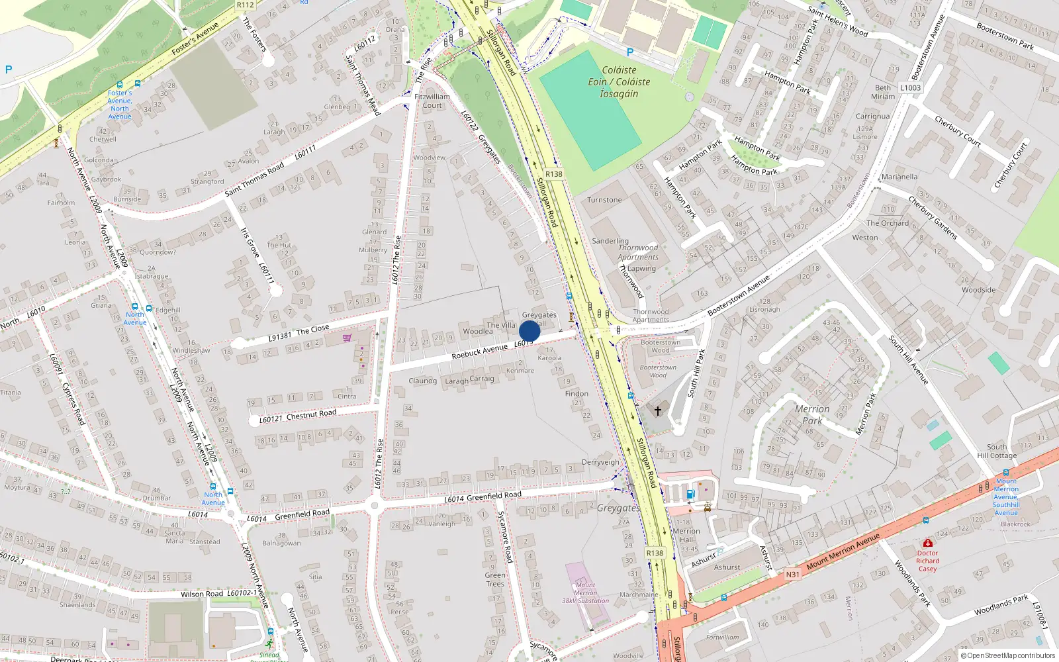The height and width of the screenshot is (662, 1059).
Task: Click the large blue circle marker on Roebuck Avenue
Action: click(529, 331)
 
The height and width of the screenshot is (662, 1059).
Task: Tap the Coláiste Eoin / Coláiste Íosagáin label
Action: click(619, 81)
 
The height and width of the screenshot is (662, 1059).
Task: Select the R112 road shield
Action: click(245, 5)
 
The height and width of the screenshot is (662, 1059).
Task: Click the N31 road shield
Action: click(792, 574)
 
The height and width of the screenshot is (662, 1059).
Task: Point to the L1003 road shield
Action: click(910, 87)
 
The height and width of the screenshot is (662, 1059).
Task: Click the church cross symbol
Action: click(658, 411)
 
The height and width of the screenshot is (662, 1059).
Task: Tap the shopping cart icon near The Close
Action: click(347, 338)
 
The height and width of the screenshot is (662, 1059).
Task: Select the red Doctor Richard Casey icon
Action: click(927, 543)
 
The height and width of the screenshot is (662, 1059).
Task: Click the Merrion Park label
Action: click(812, 414)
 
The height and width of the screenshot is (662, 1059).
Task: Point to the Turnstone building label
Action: click(604, 199)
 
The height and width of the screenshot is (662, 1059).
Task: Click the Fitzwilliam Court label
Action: click(432, 101)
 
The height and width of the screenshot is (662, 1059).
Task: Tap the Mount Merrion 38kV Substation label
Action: click(586, 592)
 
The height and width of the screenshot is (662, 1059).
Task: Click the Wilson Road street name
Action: click(202, 594)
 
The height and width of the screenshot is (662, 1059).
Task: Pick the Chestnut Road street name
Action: click(311, 414)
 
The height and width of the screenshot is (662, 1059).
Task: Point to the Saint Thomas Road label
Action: click(254, 179)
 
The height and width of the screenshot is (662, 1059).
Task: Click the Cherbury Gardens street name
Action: click(933, 217)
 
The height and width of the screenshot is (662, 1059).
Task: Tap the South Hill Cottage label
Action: click(997, 451)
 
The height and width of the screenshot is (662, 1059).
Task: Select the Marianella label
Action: click(899, 177)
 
